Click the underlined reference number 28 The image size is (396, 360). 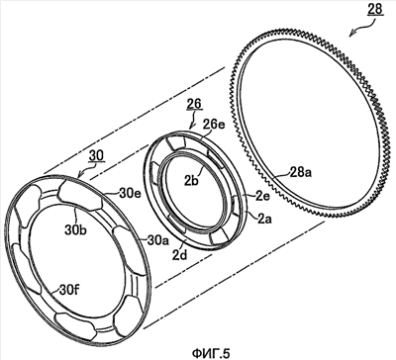[x=374, y=9]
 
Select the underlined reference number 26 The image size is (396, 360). [x=194, y=104]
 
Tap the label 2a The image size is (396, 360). [x=264, y=219]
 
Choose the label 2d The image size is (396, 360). [x=180, y=254]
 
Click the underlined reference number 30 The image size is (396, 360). [x=96, y=155]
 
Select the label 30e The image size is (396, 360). [x=130, y=193]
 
